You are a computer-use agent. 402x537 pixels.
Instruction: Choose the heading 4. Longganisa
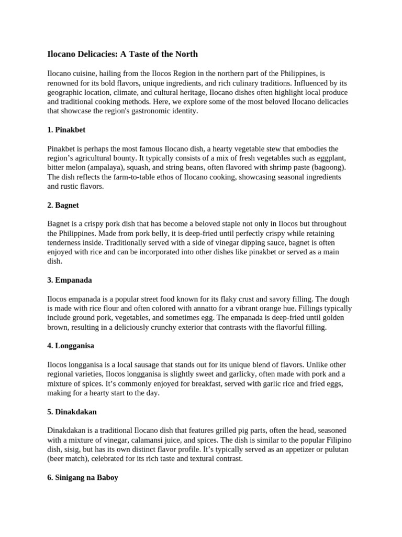tap(71, 346)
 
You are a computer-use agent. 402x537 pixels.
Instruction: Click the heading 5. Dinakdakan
tap(72, 412)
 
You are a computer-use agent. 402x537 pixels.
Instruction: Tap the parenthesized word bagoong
tap(328, 167)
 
